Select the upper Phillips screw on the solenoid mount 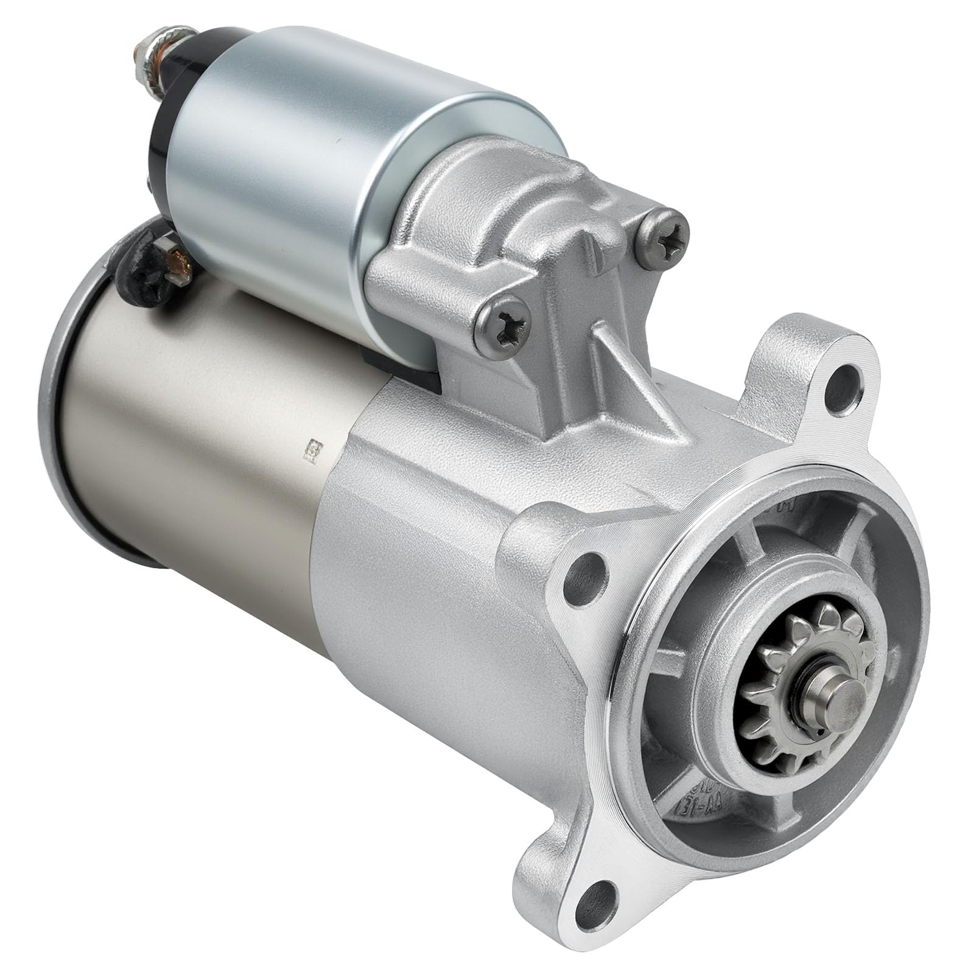tap(666, 231)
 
